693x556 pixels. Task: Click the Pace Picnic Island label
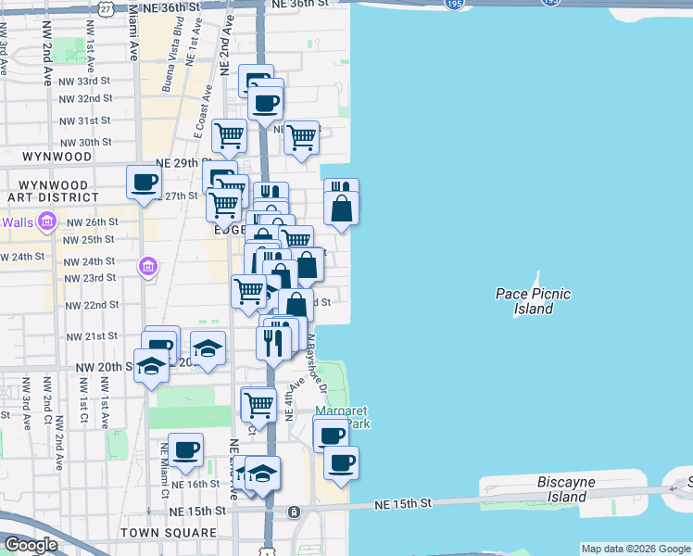pos(532,301)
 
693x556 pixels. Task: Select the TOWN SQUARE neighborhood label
pos(168,534)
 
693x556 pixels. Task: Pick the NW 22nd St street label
pos(92,305)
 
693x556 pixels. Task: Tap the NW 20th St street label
pos(107,367)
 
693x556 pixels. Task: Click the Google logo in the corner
pos(31,545)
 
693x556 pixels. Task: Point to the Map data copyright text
pos(636,549)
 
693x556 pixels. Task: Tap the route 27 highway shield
pos(107,7)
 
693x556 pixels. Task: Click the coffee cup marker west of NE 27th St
pos(144,183)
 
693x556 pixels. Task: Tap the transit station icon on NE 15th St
pos(294,512)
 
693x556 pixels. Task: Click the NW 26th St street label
pos(92,222)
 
